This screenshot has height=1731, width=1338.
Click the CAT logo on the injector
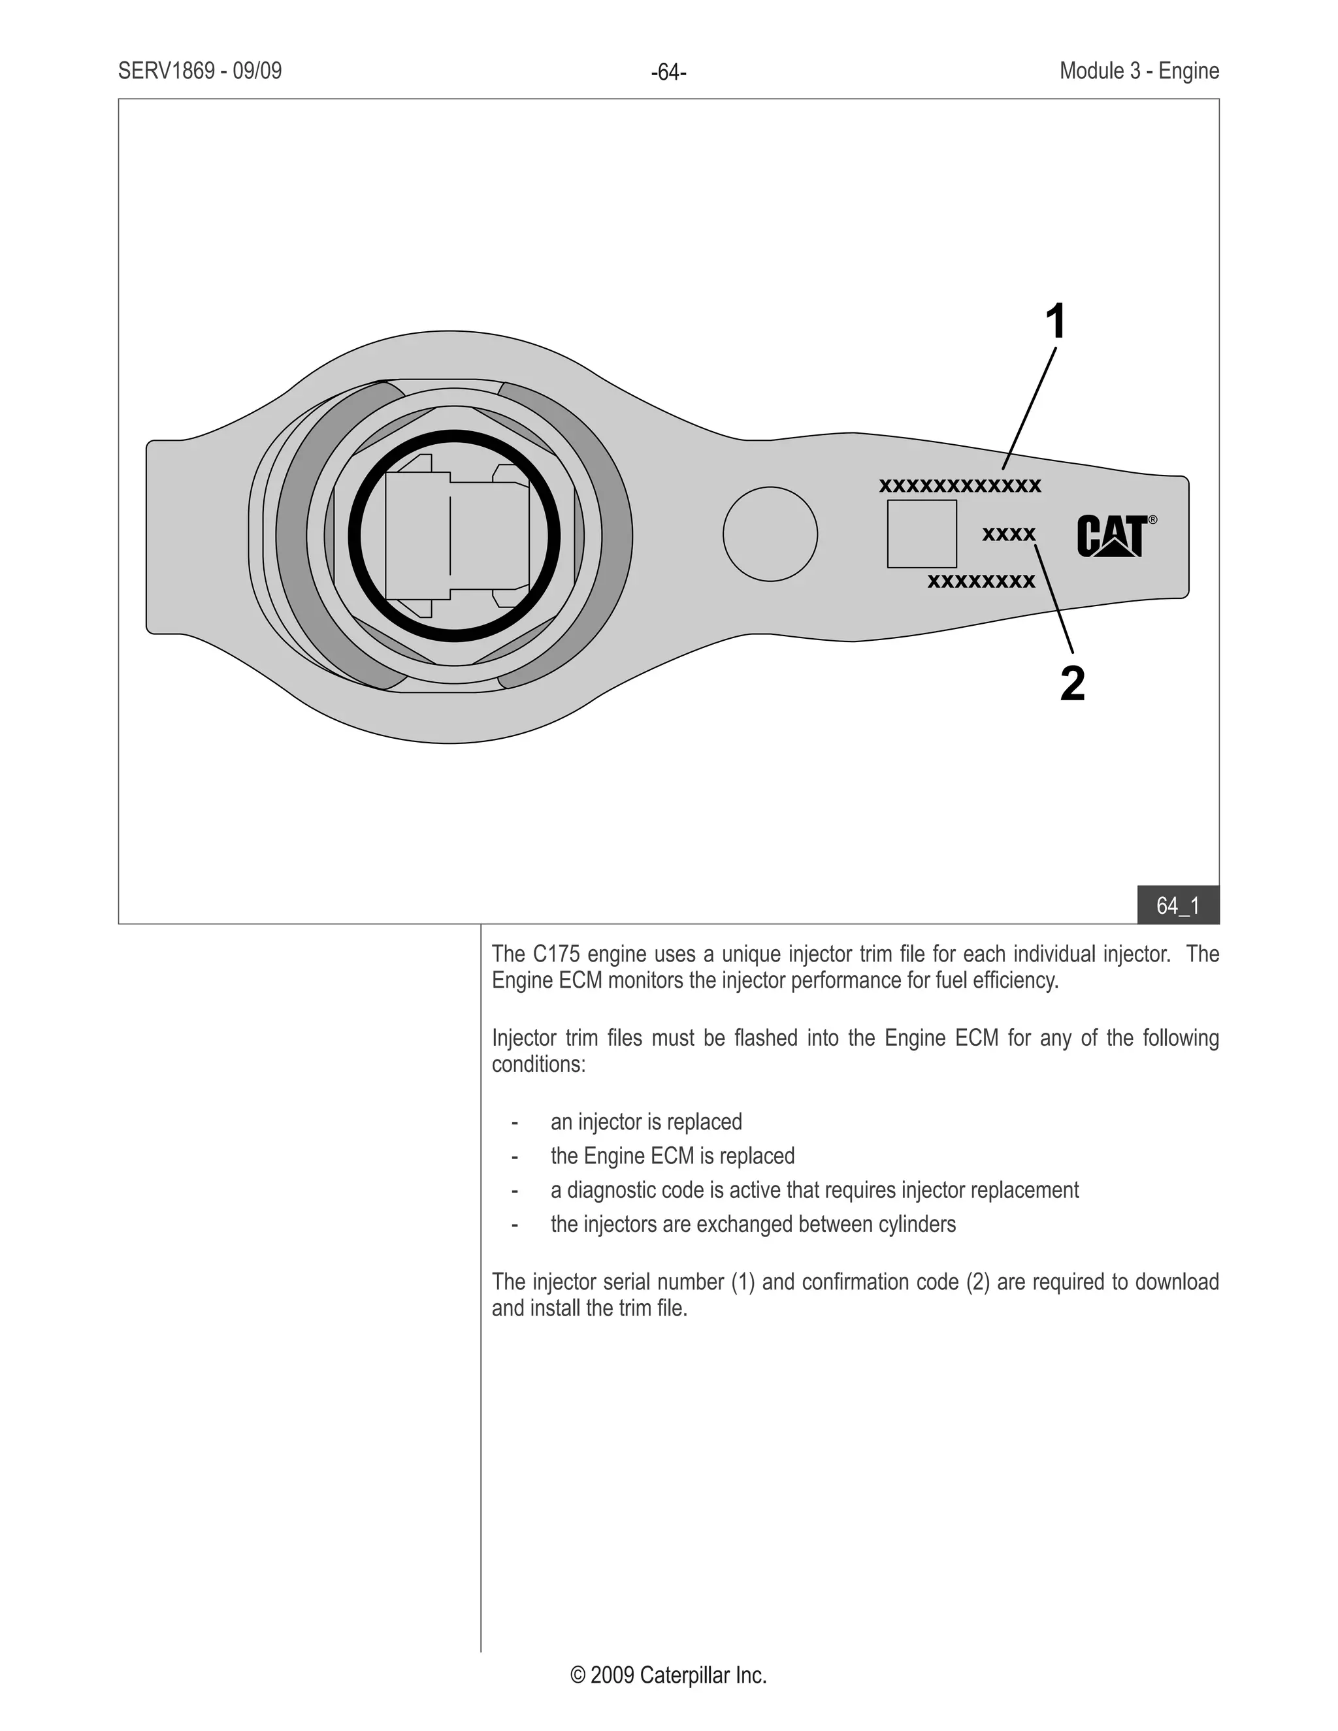coord(1111,536)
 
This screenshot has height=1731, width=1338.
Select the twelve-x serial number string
coord(960,486)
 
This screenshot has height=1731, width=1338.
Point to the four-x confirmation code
coord(1008,534)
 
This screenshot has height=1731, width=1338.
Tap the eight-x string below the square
coord(981,582)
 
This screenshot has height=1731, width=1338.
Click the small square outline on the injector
coord(922,534)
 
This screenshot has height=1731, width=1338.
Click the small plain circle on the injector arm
coord(770,534)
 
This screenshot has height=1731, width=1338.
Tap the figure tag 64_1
coord(1178,905)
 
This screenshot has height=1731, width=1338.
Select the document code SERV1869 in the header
coord(167,71)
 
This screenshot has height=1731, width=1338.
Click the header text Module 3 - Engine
coord(1139,71)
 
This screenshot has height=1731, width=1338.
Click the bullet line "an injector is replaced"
coord(646,1122)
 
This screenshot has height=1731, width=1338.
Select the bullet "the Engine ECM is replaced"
coord(672,1156)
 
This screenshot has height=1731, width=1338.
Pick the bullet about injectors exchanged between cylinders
coord(753,1225)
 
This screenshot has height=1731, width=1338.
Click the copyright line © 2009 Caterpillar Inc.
coord(668,1675)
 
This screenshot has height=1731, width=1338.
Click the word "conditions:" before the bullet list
coord(538,1065)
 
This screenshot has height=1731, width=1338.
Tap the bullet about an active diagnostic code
coord(814,1190)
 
